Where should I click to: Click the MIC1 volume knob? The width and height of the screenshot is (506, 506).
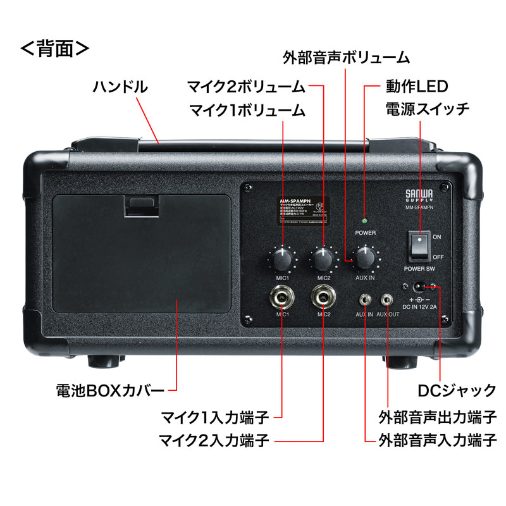(282, 258)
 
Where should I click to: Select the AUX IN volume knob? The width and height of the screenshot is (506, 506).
(364, 257)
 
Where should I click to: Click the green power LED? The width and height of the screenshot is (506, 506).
(365, 221)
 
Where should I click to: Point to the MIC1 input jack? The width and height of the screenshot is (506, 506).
(281, 295)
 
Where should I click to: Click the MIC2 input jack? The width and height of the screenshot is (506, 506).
(323, 295)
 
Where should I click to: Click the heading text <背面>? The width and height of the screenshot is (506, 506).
(56, 49)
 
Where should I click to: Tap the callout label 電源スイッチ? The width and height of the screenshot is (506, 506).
(428, 109)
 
